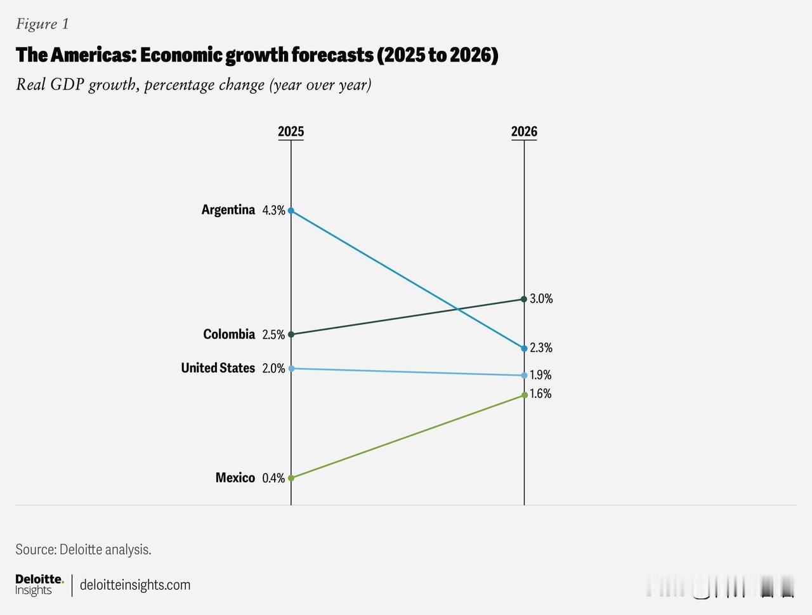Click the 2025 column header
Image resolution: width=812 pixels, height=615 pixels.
pyautogui.click(x=291, y=131)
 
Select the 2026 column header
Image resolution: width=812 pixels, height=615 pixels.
pyautogui.click(x=524, y=131)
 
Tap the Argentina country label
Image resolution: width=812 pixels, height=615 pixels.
pyautogui.click(x=228, y=209)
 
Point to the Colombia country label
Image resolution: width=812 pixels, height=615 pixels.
pyautogui.click(x=229, y=334)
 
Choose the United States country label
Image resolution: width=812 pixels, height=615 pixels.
pyautogui.click(x=218, y=368)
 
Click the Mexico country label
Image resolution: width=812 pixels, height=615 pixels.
pyautogui.click(x=235, y=477)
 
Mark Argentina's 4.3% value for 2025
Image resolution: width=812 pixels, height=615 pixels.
pyautogui.click(x=273, y=210)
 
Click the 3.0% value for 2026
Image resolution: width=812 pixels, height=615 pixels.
pyautogui.click(x=541, y=299)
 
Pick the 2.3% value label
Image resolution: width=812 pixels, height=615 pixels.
pyautogui.click(x=541, y=348)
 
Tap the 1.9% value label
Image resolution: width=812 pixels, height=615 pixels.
pyautogui.click(x=540, y=375)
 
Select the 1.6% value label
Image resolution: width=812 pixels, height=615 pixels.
pyautogui.click(x=540, y=394)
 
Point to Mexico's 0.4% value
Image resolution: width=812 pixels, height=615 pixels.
pyautogui.click(x=273, y=478)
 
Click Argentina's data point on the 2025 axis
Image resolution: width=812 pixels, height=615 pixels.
pyautogui.click(x=291, y=210)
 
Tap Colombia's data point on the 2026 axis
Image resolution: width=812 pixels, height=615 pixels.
pyautogui.click(x=524, y=299)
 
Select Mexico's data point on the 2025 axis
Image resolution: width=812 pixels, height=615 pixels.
pyautogui.click(x=291, y=478)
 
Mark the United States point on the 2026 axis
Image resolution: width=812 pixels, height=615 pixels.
pyautogui.click(x=524, y=375)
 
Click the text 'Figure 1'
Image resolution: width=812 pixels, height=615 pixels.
pyautogui.click(x=43, y=24)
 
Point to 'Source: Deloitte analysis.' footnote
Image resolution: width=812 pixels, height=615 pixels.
pyautogui.click(x=83, y=550)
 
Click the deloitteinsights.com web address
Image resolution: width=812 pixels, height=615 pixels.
pyautogui.click(x=135, y=585)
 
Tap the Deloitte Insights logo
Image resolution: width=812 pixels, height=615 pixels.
pyautogui.click(x=39, y=585)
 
